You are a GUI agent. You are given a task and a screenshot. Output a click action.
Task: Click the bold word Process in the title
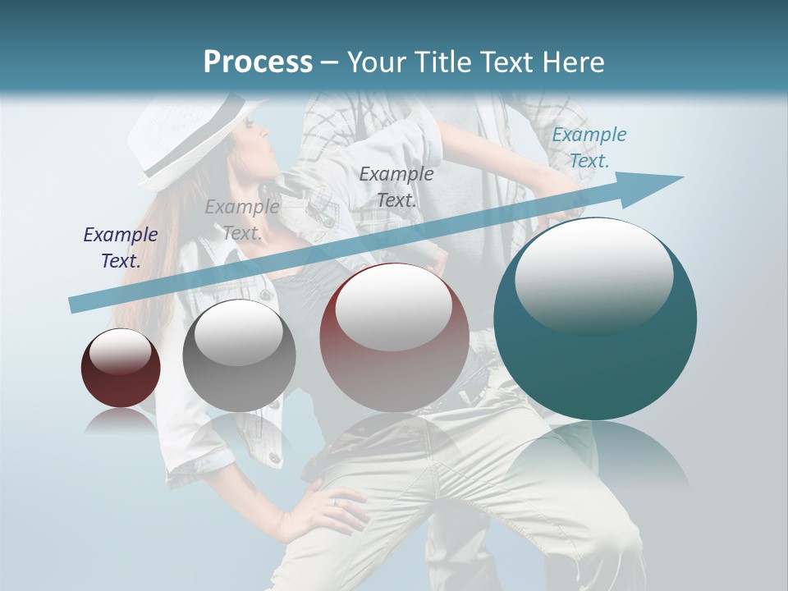pos(258,62)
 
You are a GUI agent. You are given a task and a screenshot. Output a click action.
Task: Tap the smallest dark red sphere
pos(121,369)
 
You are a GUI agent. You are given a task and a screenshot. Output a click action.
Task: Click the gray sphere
pos(239,355)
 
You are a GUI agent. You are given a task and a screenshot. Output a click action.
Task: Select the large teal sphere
pos(595,319)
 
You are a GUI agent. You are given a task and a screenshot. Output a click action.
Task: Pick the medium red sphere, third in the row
pos(394,337)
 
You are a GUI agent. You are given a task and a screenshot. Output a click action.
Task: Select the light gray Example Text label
pos(242,220)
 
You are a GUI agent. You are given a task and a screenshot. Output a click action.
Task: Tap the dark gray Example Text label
pos(396,186)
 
